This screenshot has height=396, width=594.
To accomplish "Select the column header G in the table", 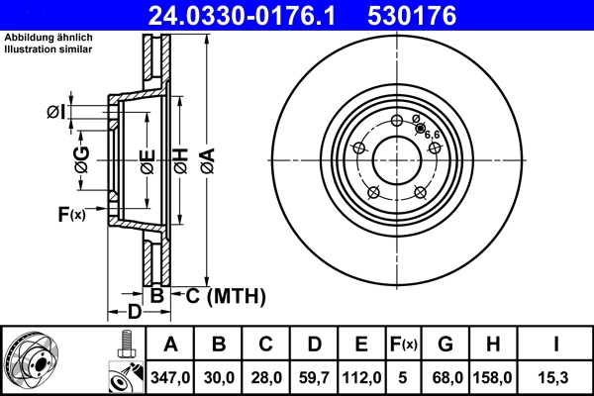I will (445, 345).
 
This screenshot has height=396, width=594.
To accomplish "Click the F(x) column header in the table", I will (404, 345).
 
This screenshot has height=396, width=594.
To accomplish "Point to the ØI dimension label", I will (56, 112).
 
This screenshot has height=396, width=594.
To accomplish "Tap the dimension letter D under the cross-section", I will (135, 312).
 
